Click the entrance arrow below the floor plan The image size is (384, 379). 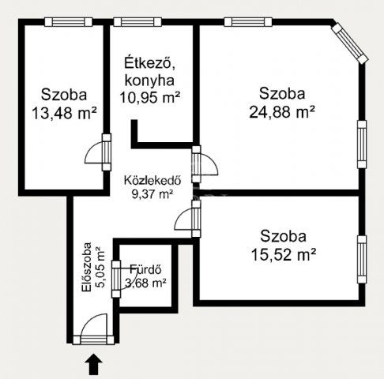[93, 364]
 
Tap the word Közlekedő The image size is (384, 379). [152, 178]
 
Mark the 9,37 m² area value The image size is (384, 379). [152, 193]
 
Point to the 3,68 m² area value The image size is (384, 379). [145, 283]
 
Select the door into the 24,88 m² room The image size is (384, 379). [204, 163]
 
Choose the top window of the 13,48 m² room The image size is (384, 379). [62, 22]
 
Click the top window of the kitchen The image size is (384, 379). [134, 22]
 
